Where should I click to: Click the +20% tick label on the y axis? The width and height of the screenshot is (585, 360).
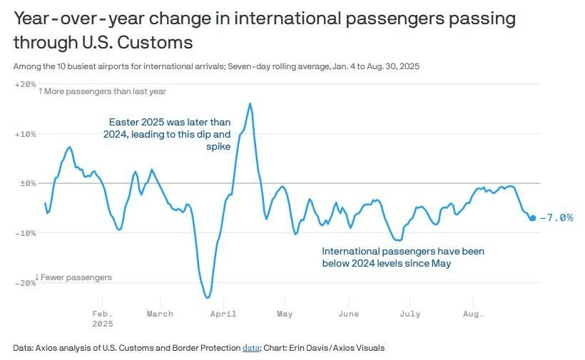25,84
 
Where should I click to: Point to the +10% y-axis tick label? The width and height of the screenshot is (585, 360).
25,134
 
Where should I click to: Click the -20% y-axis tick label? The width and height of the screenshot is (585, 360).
25,283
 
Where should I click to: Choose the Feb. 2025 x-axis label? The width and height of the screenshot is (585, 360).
103,318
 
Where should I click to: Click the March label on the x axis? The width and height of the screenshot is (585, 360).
160,314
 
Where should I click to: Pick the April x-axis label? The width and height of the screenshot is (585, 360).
224,314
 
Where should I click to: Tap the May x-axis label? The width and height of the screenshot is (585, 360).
285,314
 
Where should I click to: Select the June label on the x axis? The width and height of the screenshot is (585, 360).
348,314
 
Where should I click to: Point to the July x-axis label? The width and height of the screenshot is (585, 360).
410,314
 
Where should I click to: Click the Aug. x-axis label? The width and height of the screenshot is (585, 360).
473,314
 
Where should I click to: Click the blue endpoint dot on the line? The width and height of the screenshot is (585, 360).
532,218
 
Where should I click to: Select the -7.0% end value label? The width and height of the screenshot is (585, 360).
556,218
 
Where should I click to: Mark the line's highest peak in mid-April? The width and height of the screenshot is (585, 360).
250,103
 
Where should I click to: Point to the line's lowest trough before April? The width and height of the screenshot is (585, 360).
208,297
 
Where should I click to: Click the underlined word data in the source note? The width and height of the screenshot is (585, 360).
250,348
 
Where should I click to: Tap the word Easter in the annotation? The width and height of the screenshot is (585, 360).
123,122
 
